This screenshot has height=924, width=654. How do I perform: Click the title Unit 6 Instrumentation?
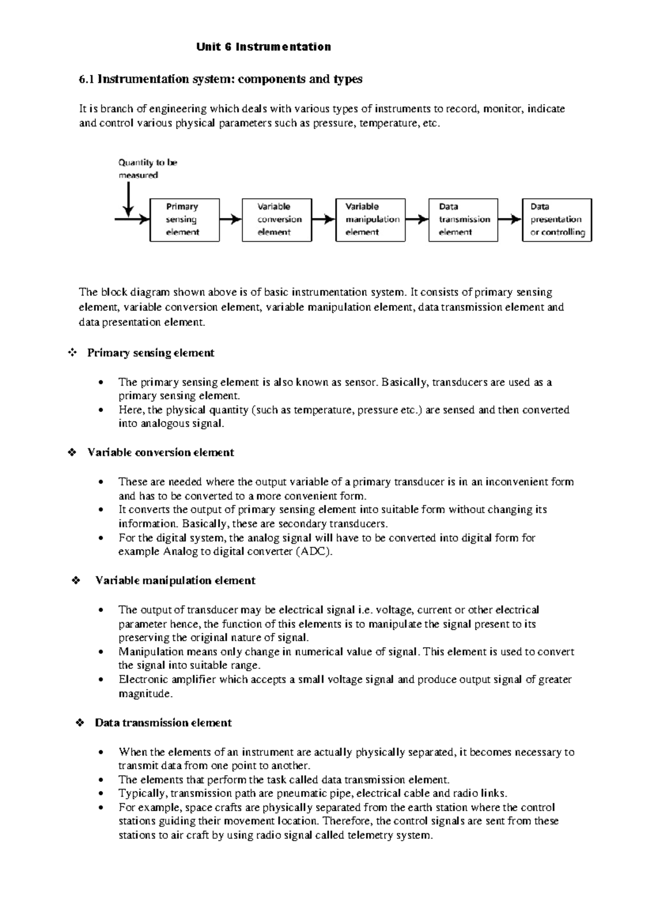click(264, 47)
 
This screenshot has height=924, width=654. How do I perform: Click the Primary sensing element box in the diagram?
click(184, 220)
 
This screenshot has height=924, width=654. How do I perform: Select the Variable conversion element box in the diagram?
click(277, 220)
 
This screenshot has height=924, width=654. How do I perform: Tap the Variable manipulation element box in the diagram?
click(371, 220)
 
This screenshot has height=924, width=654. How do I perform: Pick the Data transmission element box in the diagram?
click(463, 220)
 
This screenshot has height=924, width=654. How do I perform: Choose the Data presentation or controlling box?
click(557, 220)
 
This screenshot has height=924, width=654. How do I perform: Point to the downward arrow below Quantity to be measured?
click(129, 199)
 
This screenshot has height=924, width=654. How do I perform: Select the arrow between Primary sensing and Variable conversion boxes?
click(231, 220)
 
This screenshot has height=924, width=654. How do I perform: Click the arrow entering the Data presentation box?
click(510, 220)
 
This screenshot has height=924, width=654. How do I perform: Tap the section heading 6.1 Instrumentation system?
click(221, 80)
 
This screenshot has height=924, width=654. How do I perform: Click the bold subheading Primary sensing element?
click(150, 353)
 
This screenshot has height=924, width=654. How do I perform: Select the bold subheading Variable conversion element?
click(160, 452)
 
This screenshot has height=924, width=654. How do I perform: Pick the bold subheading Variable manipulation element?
click(175, 581)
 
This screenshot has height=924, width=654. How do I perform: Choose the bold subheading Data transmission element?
click(163, 723)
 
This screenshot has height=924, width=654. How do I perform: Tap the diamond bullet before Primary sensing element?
click(72, 353)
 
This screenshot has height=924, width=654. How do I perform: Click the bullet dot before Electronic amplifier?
click(101, 680)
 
